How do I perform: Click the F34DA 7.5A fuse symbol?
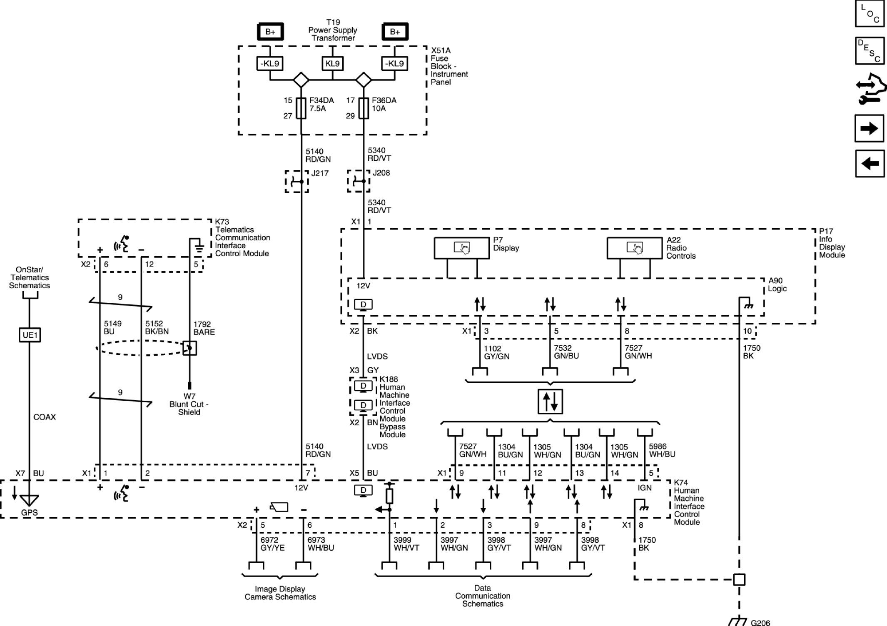point(301,108)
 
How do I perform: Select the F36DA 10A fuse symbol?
point(364,108)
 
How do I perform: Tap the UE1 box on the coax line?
point(30,335)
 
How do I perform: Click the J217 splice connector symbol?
point(297,181)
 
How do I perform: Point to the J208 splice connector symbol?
point(359,181)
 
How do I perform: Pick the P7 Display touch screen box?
point(462,248)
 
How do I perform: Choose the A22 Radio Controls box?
point(635,248)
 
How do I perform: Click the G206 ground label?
point(760,622)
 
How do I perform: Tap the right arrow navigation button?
point(870,128)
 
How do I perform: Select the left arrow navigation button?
point(870,163)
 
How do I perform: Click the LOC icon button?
point(870,13)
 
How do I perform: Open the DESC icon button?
point(870,51)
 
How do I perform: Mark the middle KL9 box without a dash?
point(332,64)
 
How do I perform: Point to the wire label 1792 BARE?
point(204,328)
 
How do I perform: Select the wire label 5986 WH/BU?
point(662,451)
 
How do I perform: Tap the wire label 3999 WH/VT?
point(406,544)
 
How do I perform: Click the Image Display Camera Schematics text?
point(280,593)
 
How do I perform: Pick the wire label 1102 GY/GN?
point(496,352)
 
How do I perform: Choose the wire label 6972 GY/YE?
point(273,544)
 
